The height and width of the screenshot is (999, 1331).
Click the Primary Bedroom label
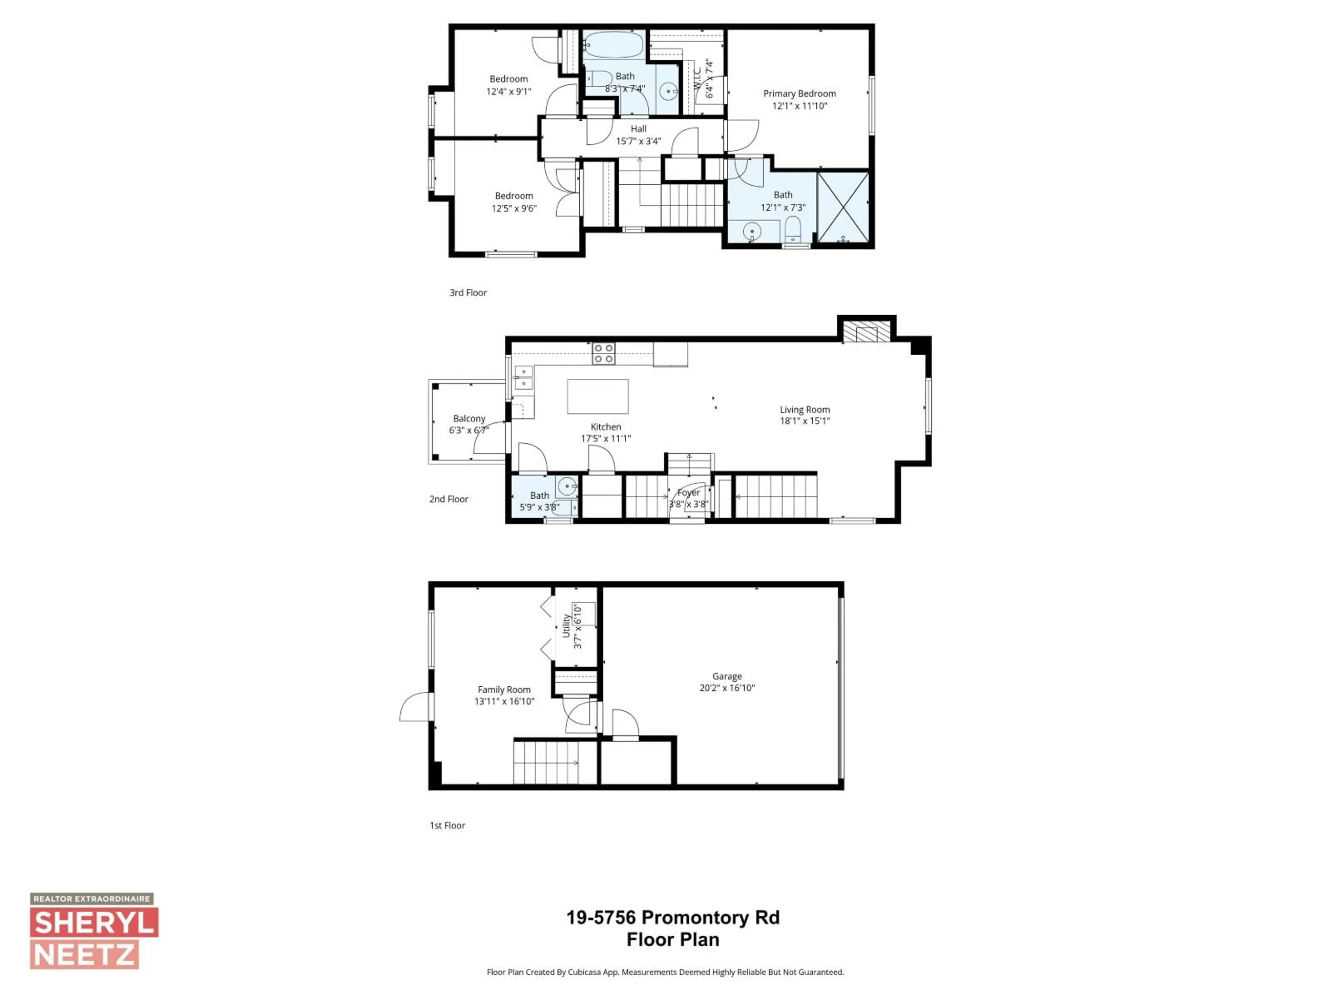tap(799, 93)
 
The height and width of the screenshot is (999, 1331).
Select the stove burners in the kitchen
tap(603, 353)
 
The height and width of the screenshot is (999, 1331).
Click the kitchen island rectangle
tap(598, 396)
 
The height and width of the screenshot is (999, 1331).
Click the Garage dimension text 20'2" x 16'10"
tap(727, 688)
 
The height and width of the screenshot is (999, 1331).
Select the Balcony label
tap(469, 419)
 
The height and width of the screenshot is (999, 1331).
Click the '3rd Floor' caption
tap(468, 293)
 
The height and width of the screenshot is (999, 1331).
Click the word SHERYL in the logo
tap(94, 923)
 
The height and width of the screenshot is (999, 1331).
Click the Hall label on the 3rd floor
tap(638, 129)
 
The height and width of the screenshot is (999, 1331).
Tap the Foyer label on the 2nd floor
tap(688, 493)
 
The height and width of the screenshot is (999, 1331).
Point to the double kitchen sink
tap(523, 377)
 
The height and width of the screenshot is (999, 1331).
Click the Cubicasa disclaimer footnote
tap(665, 972)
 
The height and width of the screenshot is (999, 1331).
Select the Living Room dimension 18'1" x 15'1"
tap(804, 421)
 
